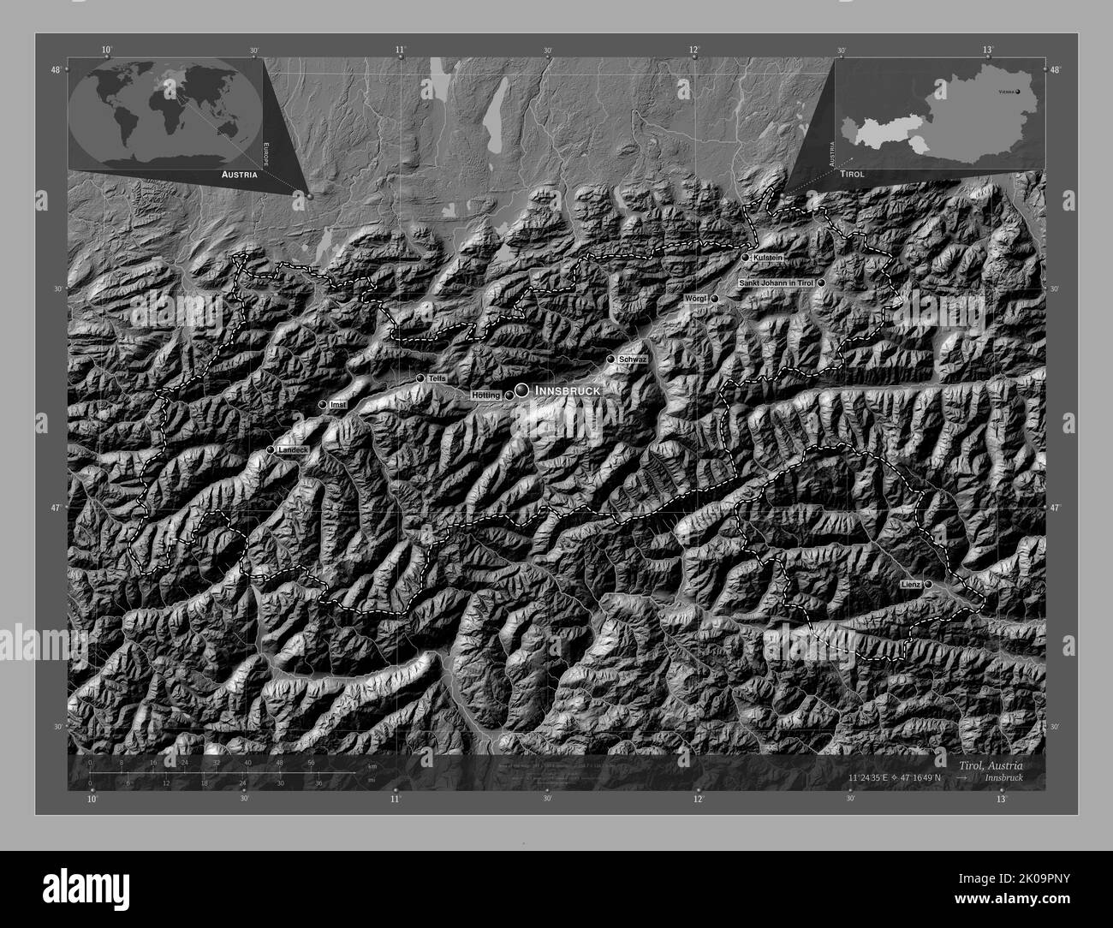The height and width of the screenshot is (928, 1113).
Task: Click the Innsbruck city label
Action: click(566, 390)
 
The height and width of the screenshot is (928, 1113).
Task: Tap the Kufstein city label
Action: click(767, 258)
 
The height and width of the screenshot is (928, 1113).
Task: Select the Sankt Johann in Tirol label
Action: click(777, 283)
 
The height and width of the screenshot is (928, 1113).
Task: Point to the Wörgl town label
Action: click(695, 298)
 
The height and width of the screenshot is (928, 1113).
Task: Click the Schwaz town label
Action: click(630, 360)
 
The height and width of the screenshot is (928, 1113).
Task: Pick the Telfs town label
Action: click(437, 378)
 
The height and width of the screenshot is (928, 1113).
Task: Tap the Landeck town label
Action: click(294, 449)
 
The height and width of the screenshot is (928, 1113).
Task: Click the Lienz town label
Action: click(910, 584)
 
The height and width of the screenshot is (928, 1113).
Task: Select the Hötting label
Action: click(485, 396)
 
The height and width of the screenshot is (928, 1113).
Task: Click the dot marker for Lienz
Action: click(928, 584)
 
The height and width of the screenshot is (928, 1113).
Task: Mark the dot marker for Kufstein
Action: click(746, 258)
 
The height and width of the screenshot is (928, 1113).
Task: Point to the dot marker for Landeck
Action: click(271, 449)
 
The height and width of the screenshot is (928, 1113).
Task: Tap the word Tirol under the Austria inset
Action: click(852, 173)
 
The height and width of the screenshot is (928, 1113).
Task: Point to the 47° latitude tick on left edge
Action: click(56, 509)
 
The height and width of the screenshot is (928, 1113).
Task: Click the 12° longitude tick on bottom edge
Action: click(699, 799)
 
